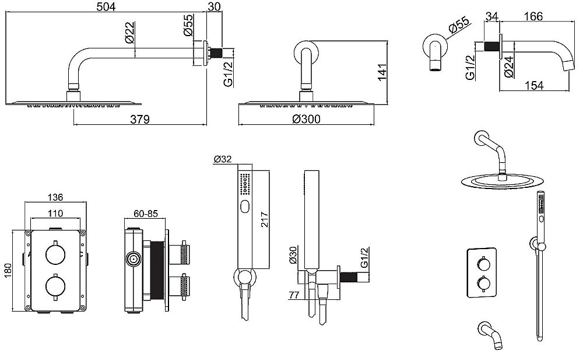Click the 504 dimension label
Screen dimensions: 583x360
point(106,6)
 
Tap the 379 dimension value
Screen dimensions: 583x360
point(140,119)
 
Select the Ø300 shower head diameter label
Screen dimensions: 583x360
point(306,119)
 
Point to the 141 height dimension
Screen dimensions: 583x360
point(382,72)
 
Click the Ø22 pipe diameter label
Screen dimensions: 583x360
point(130,33)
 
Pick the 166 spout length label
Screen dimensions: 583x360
point(533,16)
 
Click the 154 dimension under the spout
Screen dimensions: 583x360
point(534,86)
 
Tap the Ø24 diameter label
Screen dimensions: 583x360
point(509,67)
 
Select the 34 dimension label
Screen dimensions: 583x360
point(491,16)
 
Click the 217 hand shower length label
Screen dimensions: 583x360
point(264,219)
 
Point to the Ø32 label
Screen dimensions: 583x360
point(223,159)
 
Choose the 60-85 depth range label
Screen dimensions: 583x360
point(146,214)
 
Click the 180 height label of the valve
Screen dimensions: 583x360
point(8,270)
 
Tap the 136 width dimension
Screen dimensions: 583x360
point(55,197)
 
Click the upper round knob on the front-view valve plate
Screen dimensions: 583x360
point(55,254)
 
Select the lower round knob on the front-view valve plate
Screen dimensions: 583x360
point(55,285)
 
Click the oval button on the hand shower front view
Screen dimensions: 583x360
point(245,207)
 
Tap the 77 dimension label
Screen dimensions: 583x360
point(294,295)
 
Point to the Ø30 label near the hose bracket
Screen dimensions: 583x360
point(293,255)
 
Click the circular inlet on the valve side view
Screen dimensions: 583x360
point(134,258)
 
